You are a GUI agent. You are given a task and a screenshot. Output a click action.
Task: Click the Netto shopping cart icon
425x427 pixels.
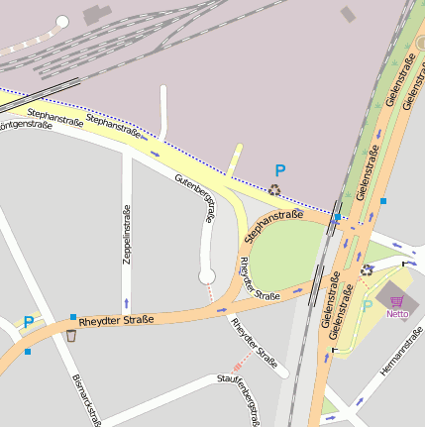397,300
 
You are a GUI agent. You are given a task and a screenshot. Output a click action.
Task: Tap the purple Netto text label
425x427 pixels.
397,314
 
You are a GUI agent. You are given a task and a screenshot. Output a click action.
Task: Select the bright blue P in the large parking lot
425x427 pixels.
280,171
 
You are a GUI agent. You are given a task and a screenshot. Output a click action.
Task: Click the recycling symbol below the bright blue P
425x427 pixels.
274,188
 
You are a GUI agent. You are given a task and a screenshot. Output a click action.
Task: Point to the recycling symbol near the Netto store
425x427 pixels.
368,269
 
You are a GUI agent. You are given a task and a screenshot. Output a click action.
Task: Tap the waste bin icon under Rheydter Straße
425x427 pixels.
71,335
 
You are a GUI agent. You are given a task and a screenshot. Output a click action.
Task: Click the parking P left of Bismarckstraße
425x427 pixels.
29,322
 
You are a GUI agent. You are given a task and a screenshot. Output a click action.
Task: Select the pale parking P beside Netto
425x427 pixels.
368,307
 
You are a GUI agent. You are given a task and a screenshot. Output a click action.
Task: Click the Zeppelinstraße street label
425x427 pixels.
127,236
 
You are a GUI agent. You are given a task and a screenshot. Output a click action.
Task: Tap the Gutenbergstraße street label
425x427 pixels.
195,199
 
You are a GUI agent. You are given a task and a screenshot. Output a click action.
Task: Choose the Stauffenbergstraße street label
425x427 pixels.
245,400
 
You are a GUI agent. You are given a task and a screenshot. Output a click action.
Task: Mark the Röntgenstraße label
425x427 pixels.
26,126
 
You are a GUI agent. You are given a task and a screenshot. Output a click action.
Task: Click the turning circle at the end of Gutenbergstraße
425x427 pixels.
208,275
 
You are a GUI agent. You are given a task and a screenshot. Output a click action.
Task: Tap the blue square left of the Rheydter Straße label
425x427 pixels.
73,318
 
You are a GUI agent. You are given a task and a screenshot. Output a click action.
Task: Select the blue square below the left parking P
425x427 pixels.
28,351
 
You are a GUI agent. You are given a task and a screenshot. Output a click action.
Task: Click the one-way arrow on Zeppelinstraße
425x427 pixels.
126,301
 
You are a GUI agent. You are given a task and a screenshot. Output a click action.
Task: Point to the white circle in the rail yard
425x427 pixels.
62,21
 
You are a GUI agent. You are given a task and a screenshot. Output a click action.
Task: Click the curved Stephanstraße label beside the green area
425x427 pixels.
272,222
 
